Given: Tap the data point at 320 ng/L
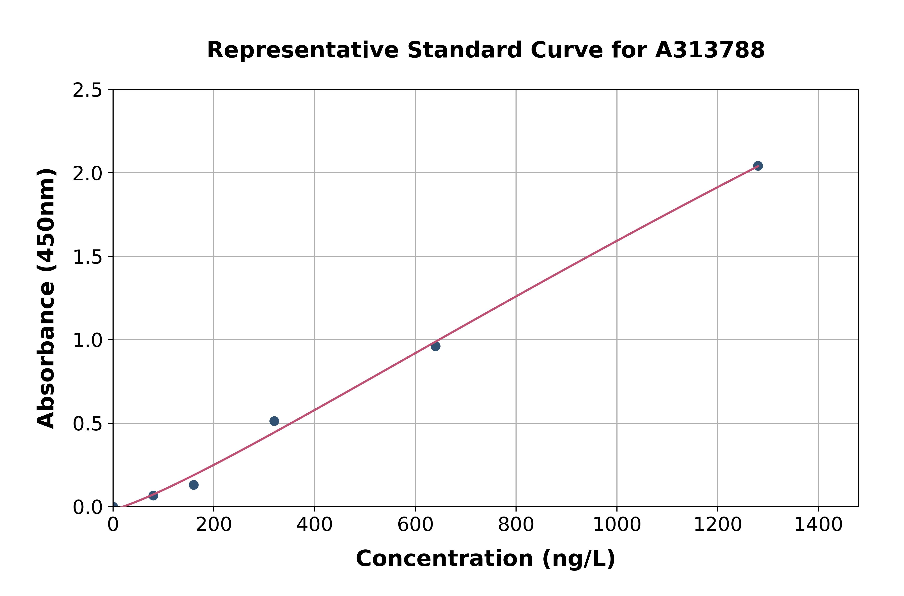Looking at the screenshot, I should pos(274,421).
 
